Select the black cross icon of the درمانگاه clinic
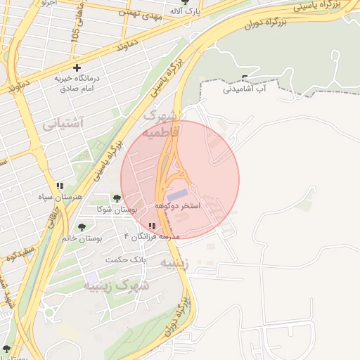[77, 68]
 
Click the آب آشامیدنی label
[244, 89]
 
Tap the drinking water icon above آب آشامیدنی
[244, 78]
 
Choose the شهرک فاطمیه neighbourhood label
[161, 123]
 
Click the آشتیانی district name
[63, 124]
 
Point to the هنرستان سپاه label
[60, 196]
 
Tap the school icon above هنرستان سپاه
[60, 186]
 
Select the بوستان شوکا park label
[116, 210]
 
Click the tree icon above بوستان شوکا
[117, 199]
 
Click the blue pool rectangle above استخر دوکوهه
[177, 193]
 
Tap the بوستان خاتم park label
[82, 238]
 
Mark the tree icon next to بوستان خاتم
[82, 227]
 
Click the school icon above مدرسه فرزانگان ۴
[152, 226]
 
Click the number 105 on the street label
[75, 34]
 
